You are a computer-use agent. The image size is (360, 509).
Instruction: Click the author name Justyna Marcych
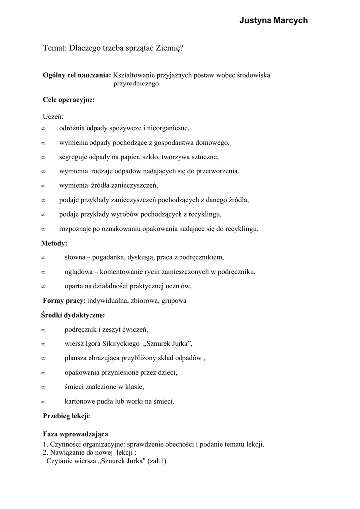point(273,21)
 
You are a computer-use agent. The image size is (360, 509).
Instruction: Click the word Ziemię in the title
point(169,48)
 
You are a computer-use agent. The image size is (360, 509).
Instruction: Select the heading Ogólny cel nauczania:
point(77,75)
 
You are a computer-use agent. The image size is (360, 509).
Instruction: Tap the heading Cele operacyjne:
point(69,100)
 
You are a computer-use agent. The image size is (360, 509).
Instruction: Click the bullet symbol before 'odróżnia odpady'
point(43,129)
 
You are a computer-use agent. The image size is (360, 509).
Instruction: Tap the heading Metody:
point(54,244)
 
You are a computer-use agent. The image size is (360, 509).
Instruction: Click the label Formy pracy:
point(65,301)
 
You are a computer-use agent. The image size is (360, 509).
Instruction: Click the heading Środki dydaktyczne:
point(73,315)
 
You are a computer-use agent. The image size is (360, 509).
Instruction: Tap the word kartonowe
point(80,401)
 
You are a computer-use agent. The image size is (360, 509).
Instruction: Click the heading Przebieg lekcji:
point(67,416)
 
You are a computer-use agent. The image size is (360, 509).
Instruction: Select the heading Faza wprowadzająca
point(76,434)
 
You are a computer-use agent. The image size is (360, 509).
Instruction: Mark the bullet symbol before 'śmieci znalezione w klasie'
point(43,387)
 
